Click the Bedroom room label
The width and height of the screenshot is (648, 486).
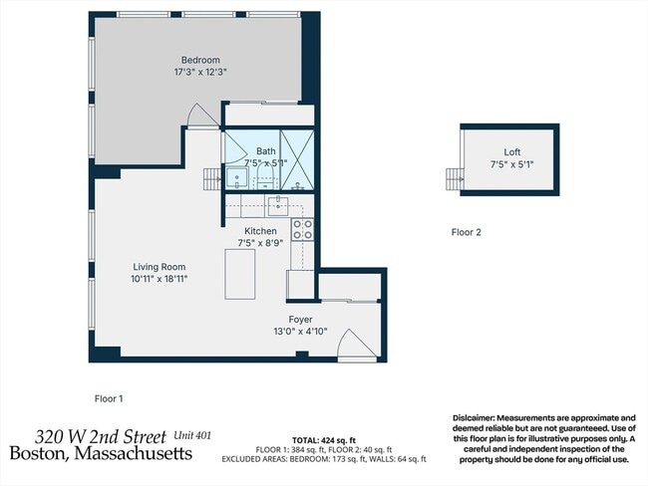point(200,60)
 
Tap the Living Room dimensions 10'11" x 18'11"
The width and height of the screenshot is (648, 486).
point(160,279)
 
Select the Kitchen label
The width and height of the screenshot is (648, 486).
point(260,231)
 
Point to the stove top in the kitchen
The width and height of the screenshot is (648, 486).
point(302,230)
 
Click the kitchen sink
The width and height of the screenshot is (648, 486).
point(278,205)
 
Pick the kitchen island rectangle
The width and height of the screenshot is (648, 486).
point(239,274)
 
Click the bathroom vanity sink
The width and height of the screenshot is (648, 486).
point(237,178)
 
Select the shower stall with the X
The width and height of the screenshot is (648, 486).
point(297,159)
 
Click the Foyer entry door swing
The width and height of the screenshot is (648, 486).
point(357,344)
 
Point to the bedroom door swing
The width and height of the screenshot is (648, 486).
point(201,116)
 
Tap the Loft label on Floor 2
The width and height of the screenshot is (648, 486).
point(512,152)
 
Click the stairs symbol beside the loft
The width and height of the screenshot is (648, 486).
point(455,179)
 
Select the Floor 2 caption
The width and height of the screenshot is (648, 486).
point(467,232)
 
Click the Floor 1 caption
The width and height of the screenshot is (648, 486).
point(109,399)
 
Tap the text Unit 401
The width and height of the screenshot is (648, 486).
point(192,435)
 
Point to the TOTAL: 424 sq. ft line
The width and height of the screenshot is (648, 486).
point(324,440)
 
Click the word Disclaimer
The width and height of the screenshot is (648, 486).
point(474,418)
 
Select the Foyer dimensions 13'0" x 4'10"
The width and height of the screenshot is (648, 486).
point(300,332)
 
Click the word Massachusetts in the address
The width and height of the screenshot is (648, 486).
point(134,453)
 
